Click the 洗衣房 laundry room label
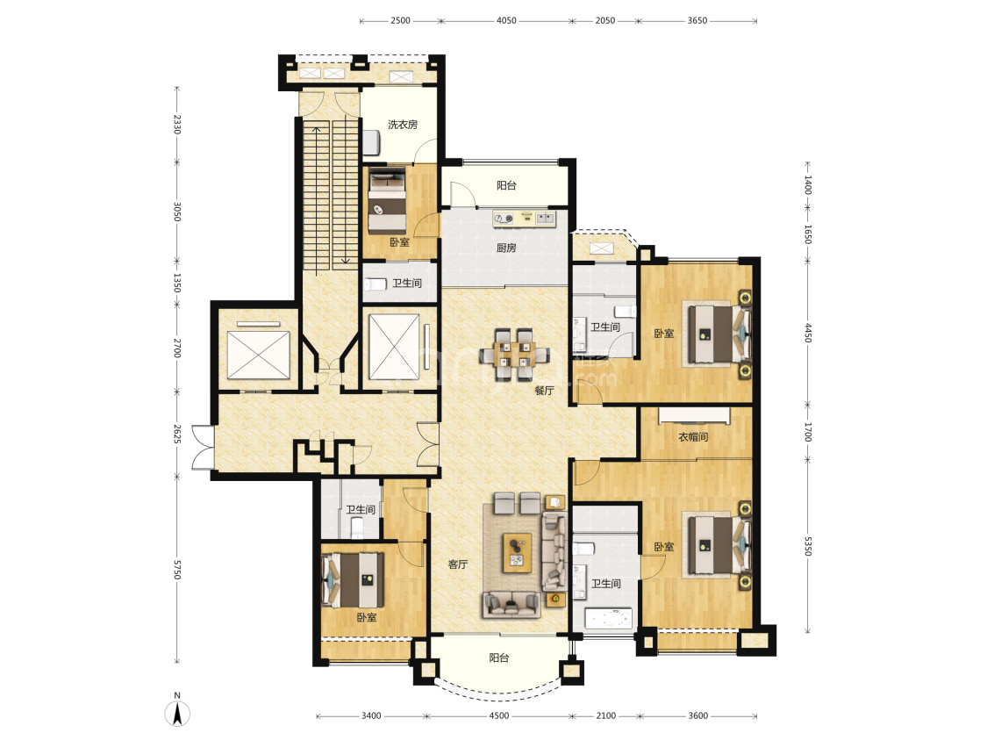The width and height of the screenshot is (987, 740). pos(402,125)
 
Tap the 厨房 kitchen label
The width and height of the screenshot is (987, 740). pos(506,248)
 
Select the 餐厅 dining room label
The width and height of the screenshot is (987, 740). pos(544,391)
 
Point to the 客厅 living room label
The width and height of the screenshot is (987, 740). pos(458,564)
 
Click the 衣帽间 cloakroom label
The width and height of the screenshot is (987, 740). pos(693,436)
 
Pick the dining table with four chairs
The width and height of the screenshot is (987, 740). pos(513,355)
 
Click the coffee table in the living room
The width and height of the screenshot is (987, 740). pos(517,553)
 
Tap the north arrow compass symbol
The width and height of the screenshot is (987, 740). pos(177,712)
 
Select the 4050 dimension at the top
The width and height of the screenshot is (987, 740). pos(506,21)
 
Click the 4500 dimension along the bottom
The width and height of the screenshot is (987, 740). pos(498,715)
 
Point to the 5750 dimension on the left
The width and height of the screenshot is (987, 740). pos(177,570)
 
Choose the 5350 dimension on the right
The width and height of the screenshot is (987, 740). pos(808,545)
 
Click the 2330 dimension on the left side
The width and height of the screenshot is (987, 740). pos(177,124)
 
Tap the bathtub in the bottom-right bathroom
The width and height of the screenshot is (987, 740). pos(608,619)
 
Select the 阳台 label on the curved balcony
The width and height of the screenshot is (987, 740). pos(498,657)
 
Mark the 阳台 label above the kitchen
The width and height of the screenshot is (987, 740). pos(506,185)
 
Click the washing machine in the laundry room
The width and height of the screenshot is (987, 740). pos(371,141)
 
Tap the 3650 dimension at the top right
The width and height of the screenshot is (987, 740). pos(697,21)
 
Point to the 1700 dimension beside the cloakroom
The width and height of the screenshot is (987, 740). pos(808,433)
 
